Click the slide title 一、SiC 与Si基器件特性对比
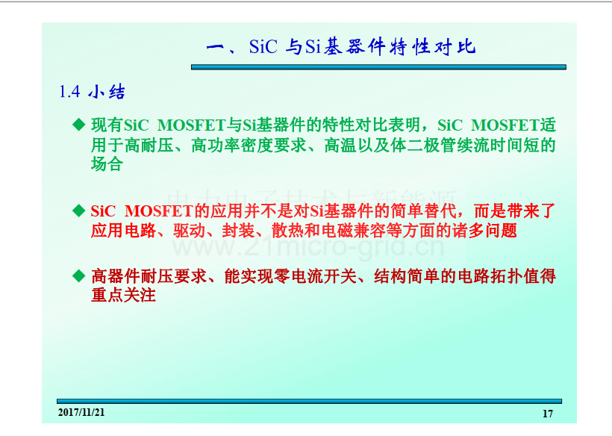tap(341, 47)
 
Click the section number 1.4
tap(69, 92)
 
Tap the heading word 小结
tap(106, 92)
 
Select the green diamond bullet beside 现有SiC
tap(79, 125)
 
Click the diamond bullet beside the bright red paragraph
tap(79, 211)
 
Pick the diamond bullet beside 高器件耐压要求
tap(79, 276)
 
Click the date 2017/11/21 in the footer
tap(81, 413)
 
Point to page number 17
tap(548, 414)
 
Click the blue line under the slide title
tap(378, 67)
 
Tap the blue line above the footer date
tap(309, 401)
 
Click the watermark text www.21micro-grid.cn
tap(308, 246)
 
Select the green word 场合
tap(107, 164)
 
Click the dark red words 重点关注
tap(123, 295)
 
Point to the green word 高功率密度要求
tap(249, 146)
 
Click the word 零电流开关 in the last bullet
tap(316, 276)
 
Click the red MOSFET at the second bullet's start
tap(159, 211)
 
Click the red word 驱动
tap(190, 231)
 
